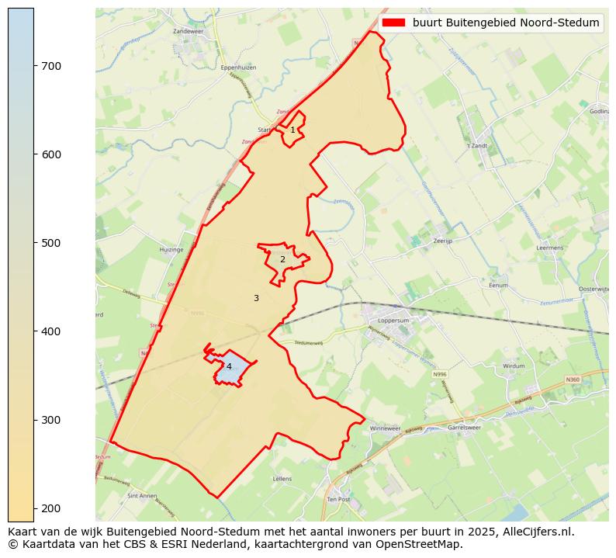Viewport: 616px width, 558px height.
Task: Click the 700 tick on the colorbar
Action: [34, 66]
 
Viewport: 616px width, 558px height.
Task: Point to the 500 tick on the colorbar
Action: [34, 243]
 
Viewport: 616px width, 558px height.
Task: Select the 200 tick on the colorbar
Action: [34, 508]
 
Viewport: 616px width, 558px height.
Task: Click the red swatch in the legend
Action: [394, 23]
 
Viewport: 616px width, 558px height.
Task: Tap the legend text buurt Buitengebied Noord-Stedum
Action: [506, 23]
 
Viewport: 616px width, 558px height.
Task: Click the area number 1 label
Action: [292, 130]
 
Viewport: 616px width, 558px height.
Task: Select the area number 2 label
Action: [282, 260]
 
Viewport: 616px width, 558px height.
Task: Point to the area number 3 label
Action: [256, 298]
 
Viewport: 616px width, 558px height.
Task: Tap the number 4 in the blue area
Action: [229, 366]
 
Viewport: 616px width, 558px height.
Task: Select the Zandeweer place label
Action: [187, 31]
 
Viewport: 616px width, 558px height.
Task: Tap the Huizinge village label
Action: [171, 250]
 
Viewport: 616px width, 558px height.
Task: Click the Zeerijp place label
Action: [443, 241]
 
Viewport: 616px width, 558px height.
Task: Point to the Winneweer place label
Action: [385, 428]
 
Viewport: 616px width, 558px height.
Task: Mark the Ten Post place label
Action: [339, 501]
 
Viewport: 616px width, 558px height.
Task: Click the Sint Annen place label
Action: [143, 495]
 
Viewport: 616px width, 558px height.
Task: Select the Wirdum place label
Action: [514, 366]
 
